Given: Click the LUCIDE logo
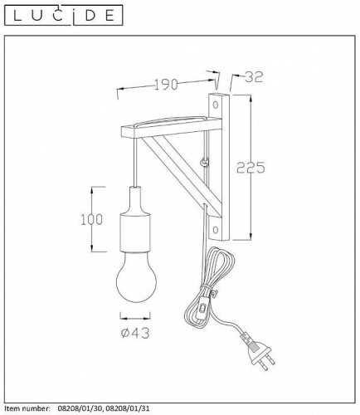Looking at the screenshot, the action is pos(64,15).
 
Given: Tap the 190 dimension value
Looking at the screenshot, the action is pos(166,85).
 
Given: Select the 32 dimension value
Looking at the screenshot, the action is pos(254,77).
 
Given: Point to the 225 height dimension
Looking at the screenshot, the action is pos(251,168).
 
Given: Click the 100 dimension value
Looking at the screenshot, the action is pos(91,219).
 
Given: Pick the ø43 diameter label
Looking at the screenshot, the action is pos(135,333).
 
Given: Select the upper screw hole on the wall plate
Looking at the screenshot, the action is pos(216,105).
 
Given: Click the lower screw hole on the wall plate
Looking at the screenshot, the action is pos(216,229).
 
